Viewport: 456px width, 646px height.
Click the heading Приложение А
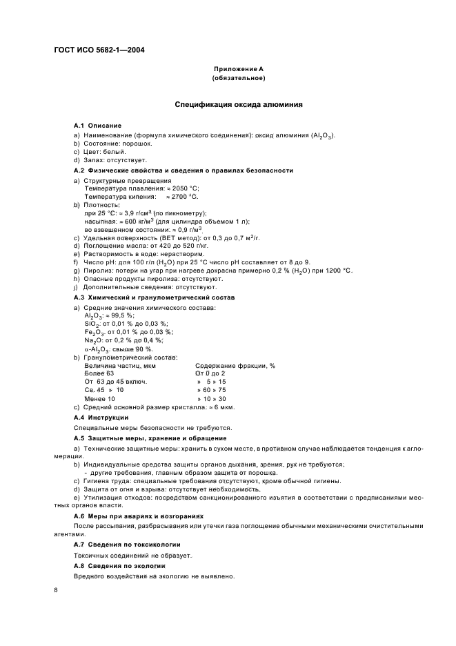[238, 69]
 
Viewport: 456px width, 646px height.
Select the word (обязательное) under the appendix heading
[238, 78]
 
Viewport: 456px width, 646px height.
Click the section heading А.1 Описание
[97, 126]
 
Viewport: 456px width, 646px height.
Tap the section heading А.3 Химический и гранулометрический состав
[155, 297]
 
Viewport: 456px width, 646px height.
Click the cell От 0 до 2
[210, 373]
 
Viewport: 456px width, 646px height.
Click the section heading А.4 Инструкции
[101, 418]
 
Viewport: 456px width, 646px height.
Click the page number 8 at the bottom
[57, 590]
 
